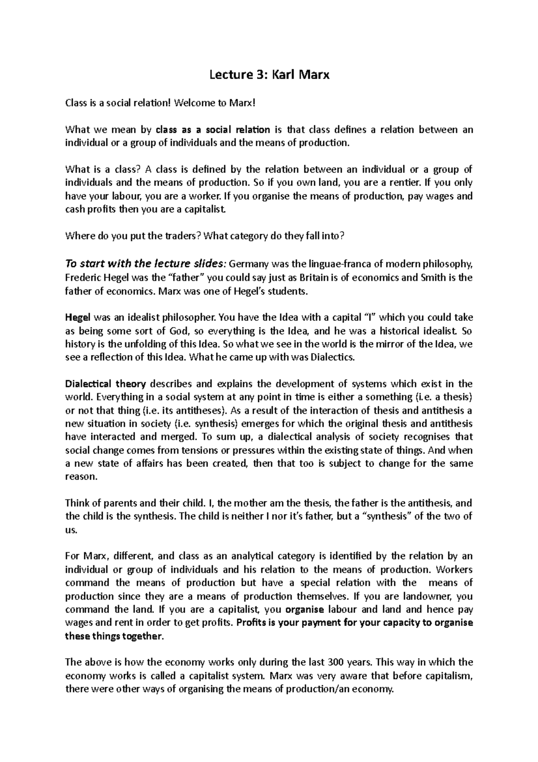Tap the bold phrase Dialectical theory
106,384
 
